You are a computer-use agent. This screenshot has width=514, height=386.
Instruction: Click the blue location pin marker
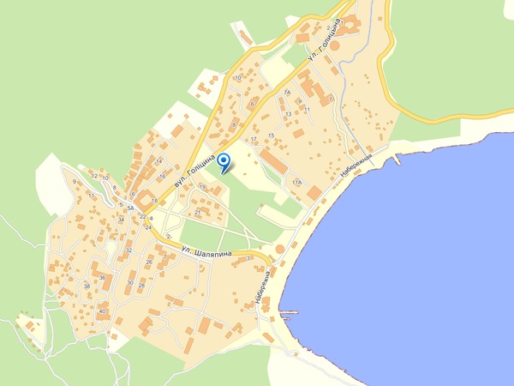click(x=224, y=162)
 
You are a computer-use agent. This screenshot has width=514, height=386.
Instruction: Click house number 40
click(x=102, y=311)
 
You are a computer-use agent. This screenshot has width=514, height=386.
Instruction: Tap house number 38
click(x=87, y=286)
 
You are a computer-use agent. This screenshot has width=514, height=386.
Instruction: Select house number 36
click(x=102, y=277)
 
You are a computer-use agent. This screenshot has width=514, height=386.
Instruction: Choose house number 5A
click(x=130, y=208)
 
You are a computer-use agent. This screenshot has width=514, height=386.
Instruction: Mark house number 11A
click(x=296, y=183)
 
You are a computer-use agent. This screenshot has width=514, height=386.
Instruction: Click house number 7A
click(x=288, y=91)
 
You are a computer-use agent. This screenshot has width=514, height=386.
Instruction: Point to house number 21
click(x=198, y=212)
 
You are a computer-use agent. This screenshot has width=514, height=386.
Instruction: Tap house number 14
click(x=158, y=161)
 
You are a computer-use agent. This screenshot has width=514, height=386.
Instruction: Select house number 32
click(x=128, y=250)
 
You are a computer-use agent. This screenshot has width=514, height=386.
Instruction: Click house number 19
click(x=202, y=186)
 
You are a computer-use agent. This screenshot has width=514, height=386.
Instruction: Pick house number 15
click(x=271, y=136)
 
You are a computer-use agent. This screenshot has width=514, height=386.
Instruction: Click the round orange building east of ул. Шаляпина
click(x=279, y=250)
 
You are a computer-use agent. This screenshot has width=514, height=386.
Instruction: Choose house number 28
click(x=142, y=285)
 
